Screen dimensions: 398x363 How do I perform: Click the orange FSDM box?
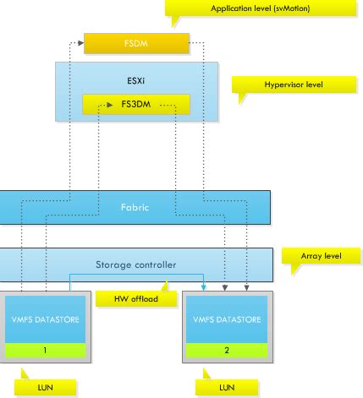(x=135, y=41)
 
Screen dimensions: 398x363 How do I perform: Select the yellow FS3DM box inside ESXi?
(x=135, y=105)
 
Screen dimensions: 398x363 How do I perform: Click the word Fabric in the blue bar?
(x=135, y=206)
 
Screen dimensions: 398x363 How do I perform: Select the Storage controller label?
(x=135, y=265)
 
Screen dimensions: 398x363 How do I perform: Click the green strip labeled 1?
(x=47, y=349)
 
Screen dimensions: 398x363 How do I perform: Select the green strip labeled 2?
(x=224, y=349)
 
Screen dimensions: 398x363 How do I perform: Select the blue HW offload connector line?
(x=135, y=275)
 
